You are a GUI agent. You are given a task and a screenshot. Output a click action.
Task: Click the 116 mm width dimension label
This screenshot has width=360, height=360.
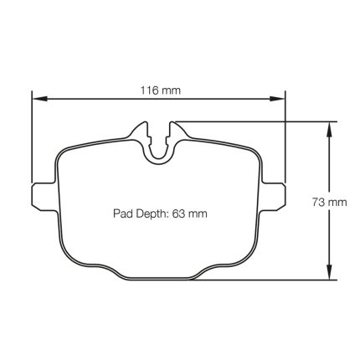(160, 90)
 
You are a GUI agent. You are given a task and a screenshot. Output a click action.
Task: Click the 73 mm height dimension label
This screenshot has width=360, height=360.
(329, 202)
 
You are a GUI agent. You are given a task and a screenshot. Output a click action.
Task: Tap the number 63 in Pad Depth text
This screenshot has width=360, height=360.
(178, 213)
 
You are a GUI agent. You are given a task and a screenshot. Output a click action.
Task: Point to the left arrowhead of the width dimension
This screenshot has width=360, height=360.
(39, 98)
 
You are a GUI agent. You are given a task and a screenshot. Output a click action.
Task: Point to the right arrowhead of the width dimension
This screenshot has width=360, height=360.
(277, 98)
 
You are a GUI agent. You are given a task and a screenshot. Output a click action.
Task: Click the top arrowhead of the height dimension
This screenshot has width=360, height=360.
(329, 129)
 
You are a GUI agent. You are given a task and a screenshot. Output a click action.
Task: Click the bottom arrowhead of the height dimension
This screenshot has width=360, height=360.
(329, 272)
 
